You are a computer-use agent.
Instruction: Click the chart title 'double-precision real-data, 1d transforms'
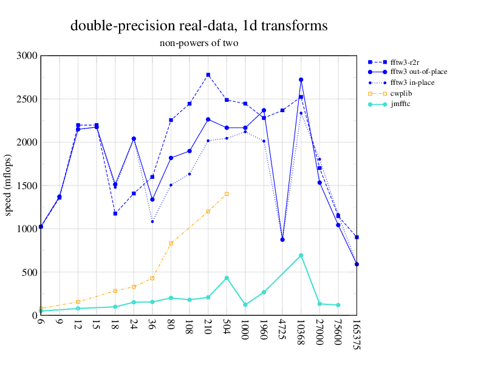coord(199,25)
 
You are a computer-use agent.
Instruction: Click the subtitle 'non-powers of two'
coord(199,43)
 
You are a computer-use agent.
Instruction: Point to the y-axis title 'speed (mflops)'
coord(9,185)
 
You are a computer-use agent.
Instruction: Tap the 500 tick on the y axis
coord(29,272)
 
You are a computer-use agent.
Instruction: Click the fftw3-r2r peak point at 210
coord(208,75)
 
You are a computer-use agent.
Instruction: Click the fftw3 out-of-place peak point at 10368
coord(301,79)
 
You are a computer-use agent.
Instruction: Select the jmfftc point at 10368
coord(301,255)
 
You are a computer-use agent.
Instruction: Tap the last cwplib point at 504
coord(227,194)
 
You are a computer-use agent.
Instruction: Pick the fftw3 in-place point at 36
coord(152,222)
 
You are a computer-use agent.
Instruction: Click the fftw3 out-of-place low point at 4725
coord(282,239)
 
